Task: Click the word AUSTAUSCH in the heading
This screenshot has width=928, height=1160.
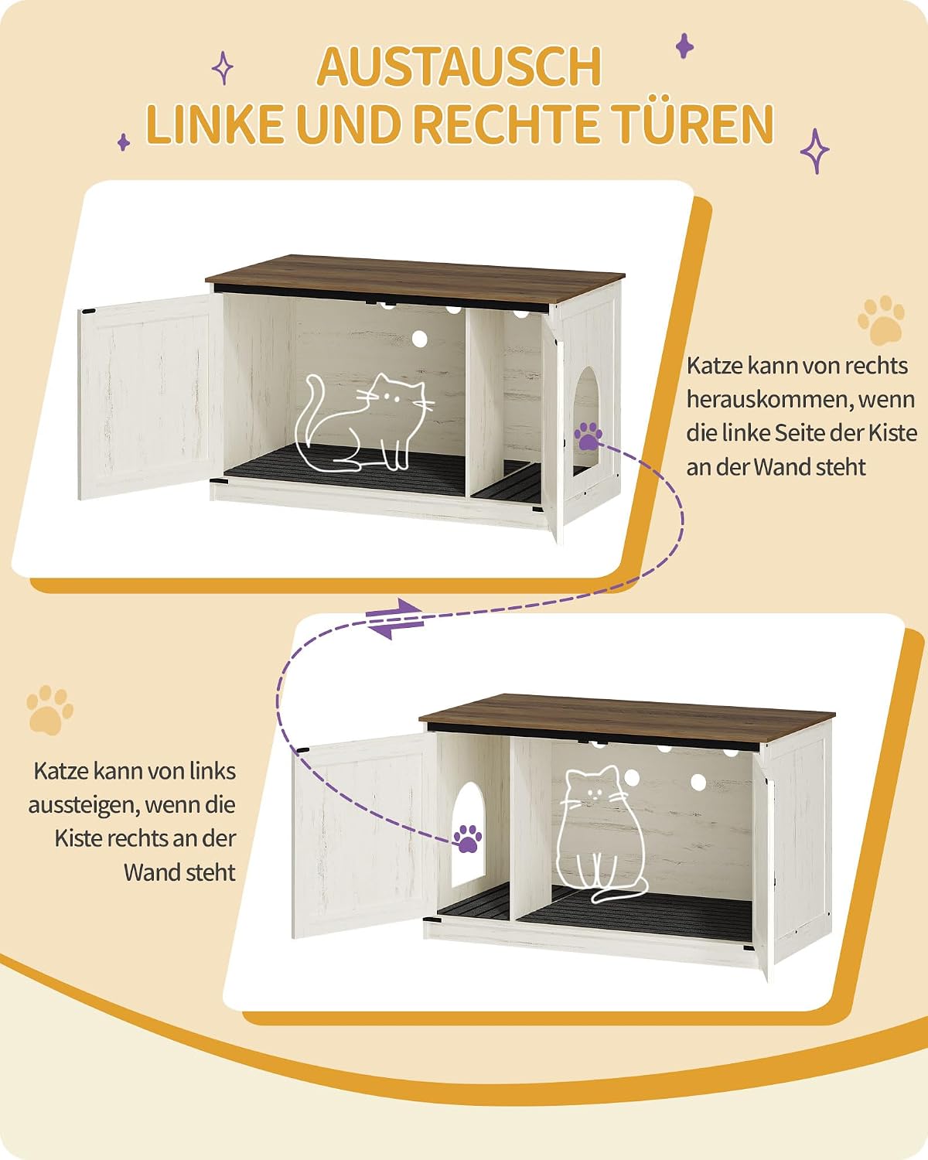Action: [x=459, y=67]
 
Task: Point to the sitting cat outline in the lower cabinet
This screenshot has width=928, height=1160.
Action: [x=601, y=834]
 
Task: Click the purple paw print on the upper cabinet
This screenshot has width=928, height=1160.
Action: [x=588, y=436]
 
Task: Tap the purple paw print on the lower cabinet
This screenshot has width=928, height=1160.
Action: [x=467, y=839]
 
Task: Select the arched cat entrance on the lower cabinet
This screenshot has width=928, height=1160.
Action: [x=468, y=834]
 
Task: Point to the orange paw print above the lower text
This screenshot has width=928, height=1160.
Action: [x=49, y=710]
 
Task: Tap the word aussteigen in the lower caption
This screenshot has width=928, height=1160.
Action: [x=84, y=806]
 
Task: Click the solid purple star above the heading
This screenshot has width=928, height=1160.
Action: [x=685, y=46]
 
